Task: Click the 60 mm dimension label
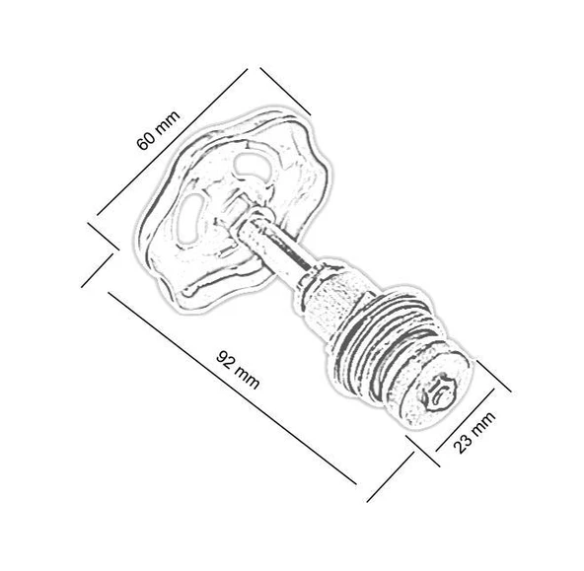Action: pyautogui.click(x=159, y=130)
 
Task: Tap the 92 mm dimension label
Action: pyautogui.click(x=238, y=369)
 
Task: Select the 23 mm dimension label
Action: pyautogui.click(x=474, y=432)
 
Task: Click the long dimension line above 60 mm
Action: pyautogui.click(x=172, y=142)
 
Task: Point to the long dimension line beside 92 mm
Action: pyautogui.click(x=232, y=389)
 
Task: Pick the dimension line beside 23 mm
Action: pyautogui.click(x=466, y=420)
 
